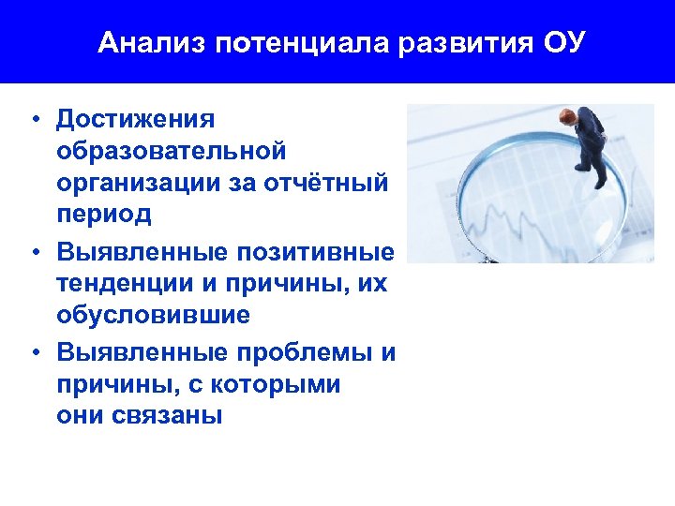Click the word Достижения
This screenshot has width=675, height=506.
click(x=136, y=119)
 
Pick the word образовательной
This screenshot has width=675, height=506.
click(x=171, y=151)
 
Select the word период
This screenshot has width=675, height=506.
click(x=103, y=215)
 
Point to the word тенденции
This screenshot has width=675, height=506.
click(x=121, y=284)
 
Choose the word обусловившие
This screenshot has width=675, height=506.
click(x=153, y=316)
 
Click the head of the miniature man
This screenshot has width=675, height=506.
click(x=568, y=116)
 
